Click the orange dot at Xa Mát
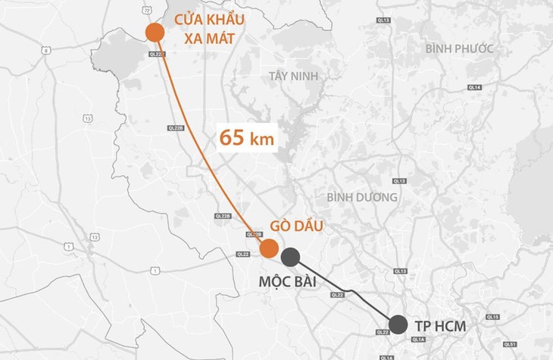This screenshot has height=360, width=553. pyautogui.click(x=155, y=32)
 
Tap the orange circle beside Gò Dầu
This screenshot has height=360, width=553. pyautogui.click(x=268, y=248)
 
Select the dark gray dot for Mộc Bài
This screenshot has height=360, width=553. pyautogui.click(x=291, y=256)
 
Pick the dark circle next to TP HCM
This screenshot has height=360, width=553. pyautogui.click(x=398, y=324)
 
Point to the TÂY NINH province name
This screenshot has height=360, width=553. pyautogui.click(x=295, y=76)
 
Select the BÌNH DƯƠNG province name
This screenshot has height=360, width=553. pyautogui.click(x=362, y=197)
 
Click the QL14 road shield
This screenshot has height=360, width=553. pyautogui.click(x=475, y=88)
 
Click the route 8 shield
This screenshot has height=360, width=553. pyautogui.click(x=46, y=49)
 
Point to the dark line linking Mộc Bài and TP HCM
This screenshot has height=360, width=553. pyautogui.click(x=345, y=290)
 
